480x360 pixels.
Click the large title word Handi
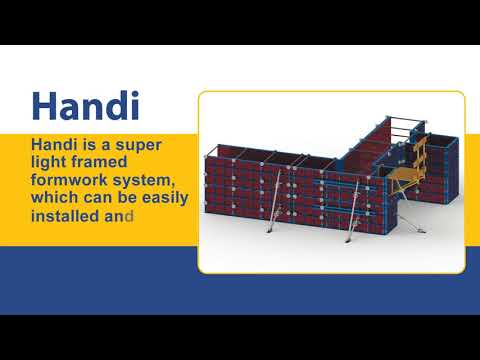pyautogui.click(x=83, y=105)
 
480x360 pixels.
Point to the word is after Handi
pyautogui.click(x=95, y=145)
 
